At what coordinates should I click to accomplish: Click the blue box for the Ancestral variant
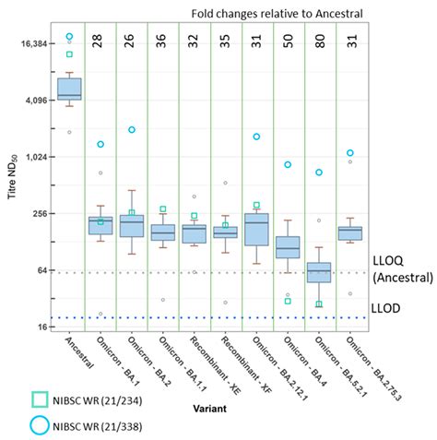[69, 89]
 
